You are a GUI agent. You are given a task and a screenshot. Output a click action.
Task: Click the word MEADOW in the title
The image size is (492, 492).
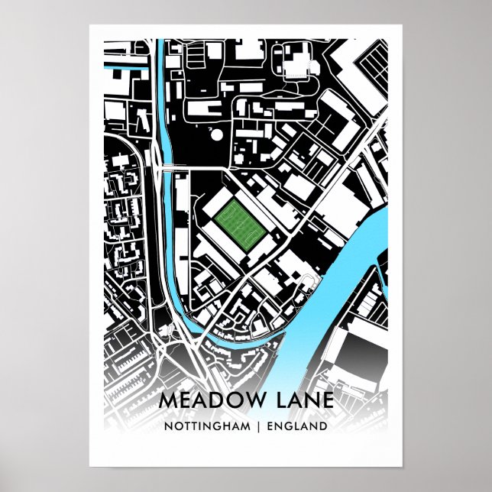201,400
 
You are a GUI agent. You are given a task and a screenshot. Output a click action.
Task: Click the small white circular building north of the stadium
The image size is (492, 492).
218,135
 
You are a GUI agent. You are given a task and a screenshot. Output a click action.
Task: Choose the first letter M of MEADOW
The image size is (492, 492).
167,400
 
